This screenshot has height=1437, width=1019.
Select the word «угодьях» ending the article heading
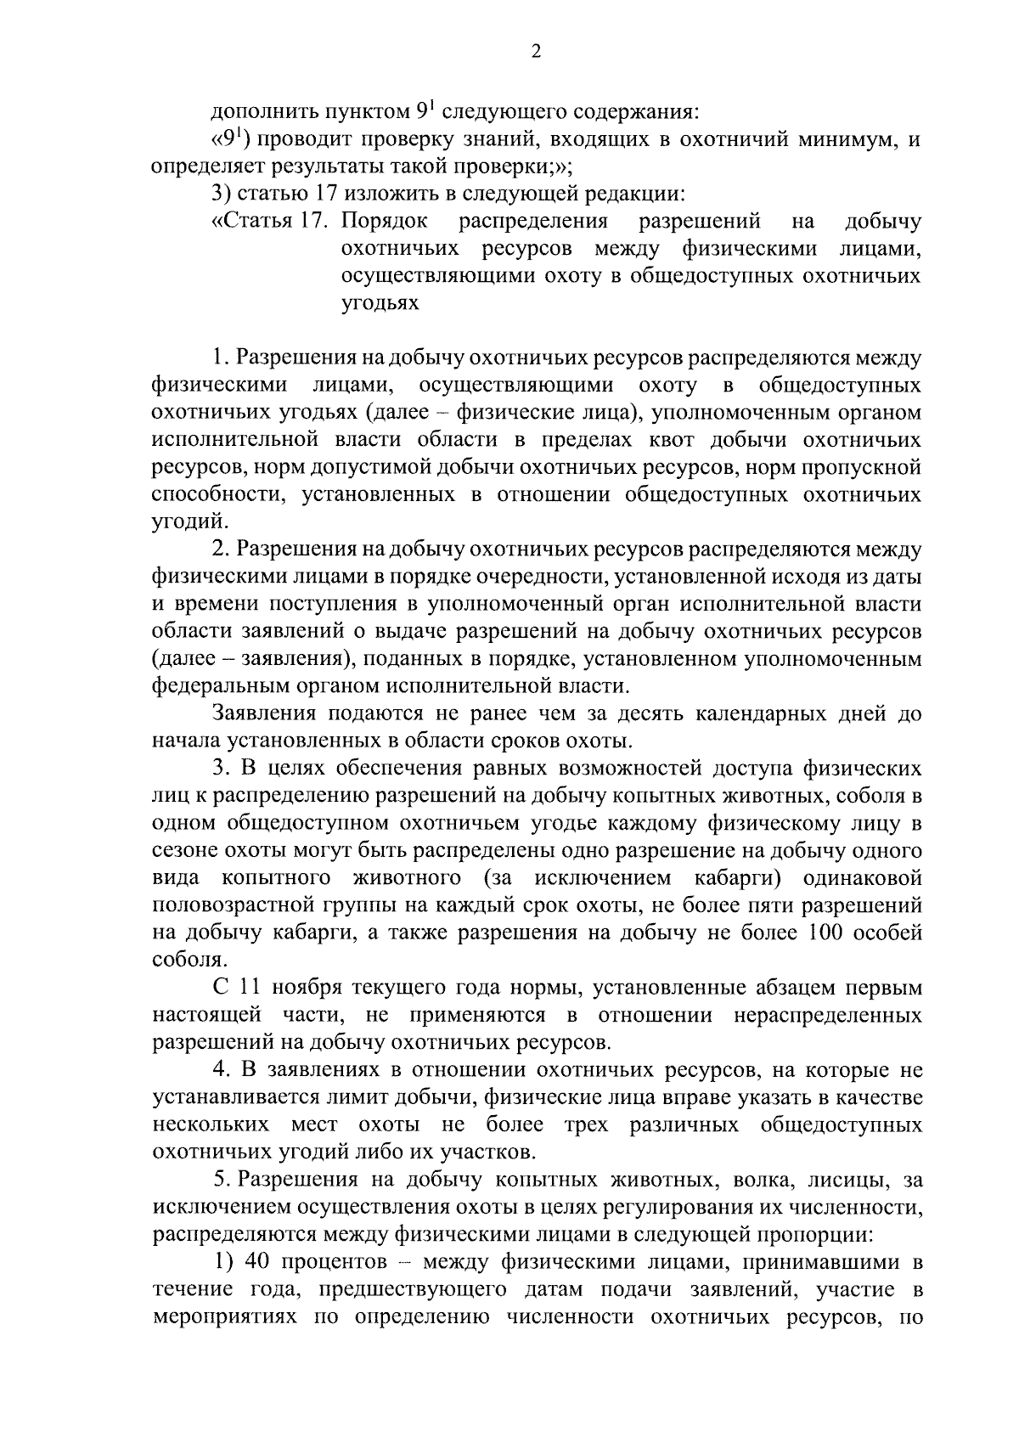pos(380,303)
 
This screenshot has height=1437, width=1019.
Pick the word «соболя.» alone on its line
pos(179,961)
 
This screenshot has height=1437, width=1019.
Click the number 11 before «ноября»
pos(248,988)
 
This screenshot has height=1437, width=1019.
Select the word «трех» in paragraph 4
pos(586,1125)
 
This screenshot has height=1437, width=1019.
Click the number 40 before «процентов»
pos(257,1262)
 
